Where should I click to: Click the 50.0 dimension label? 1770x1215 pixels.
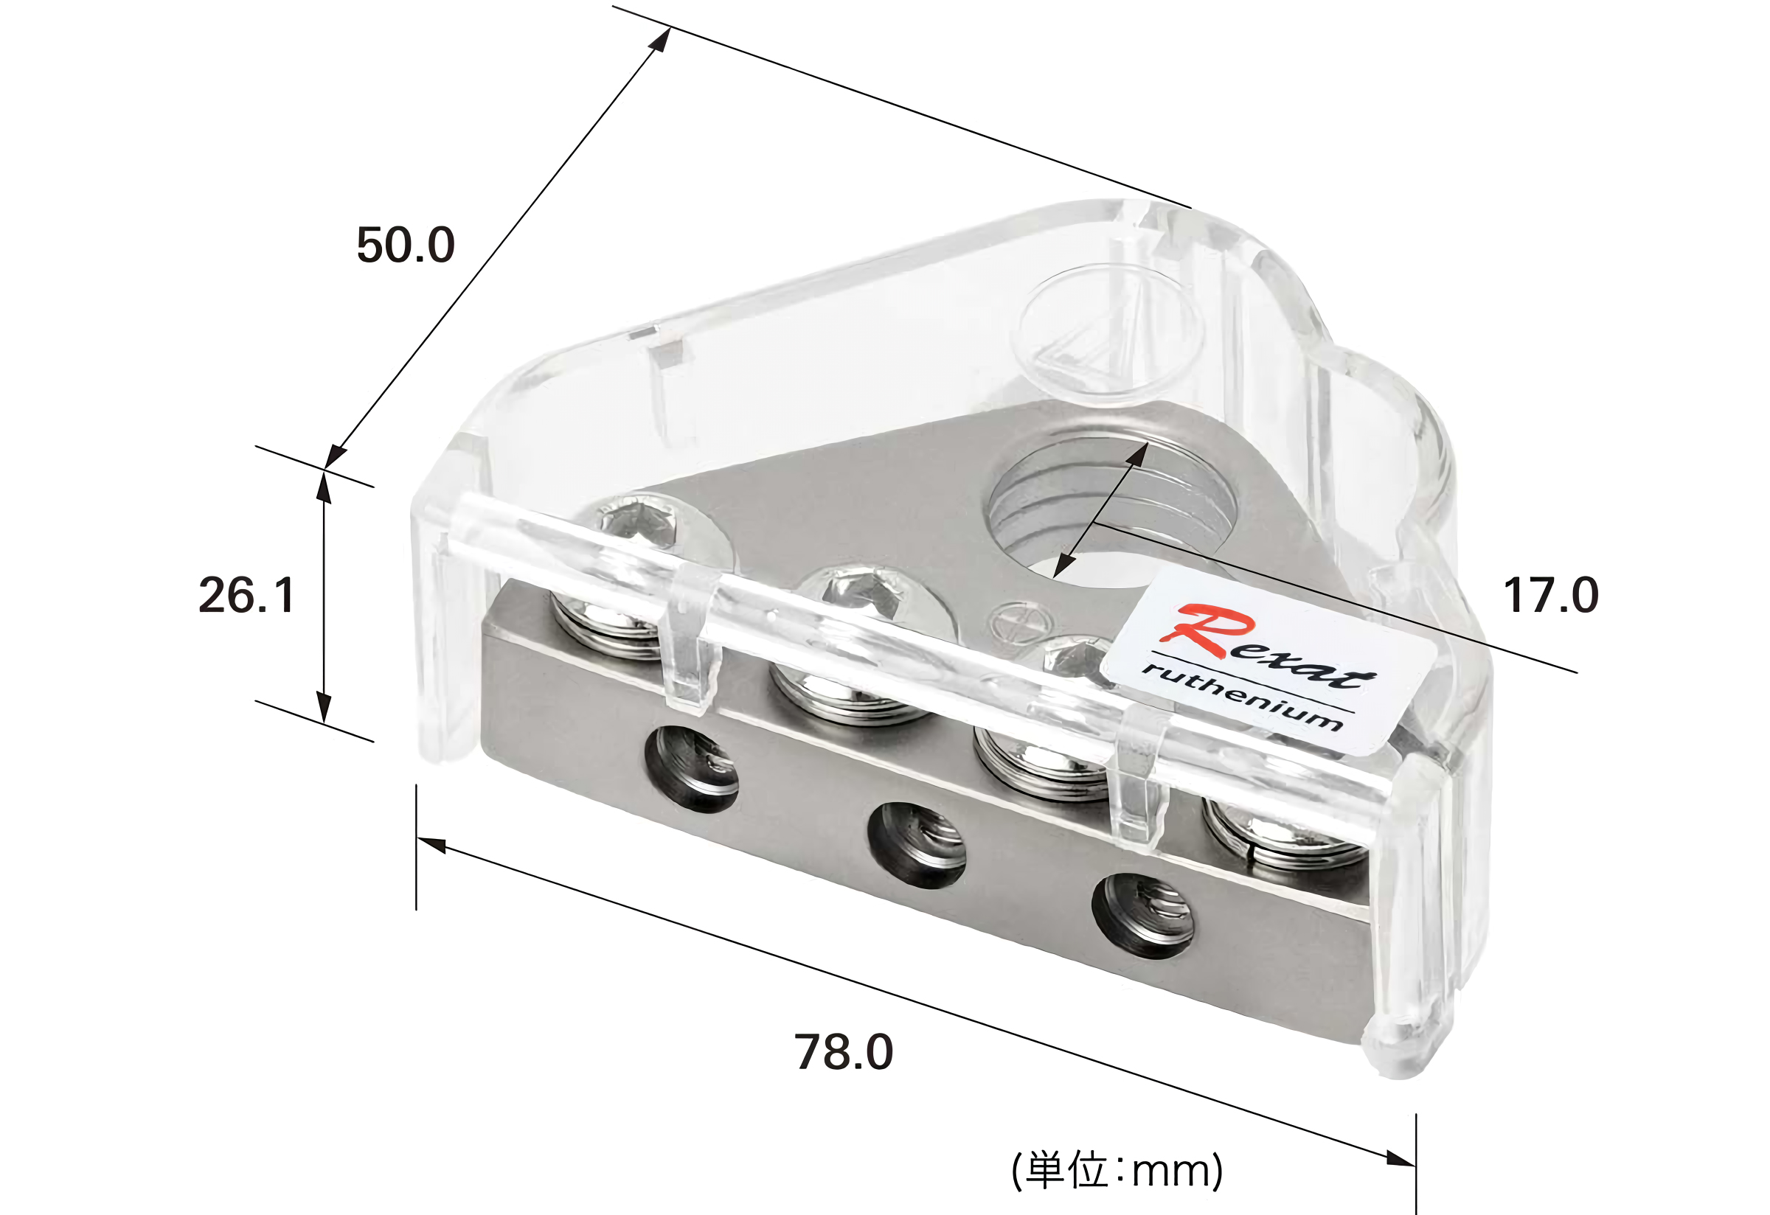pos(406,245)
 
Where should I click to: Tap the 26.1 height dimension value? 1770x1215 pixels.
pos(247,594)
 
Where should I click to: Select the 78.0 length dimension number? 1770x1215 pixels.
pos(844,1052)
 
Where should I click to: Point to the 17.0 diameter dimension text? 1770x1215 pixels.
pos(1552,594)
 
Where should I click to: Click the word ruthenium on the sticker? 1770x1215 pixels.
pos(1241,695)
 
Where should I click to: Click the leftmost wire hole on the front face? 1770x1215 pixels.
pos(692,769)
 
